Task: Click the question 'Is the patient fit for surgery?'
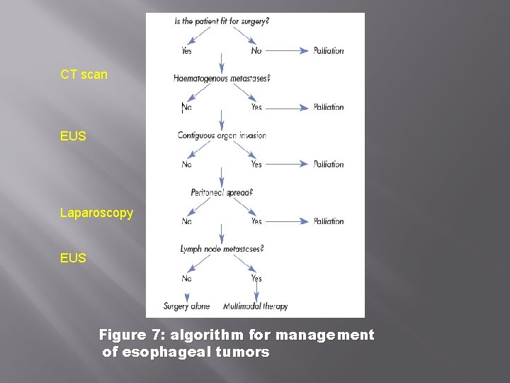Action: [222, 21]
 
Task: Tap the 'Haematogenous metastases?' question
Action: [222, 79]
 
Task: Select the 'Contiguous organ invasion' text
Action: [222, 135]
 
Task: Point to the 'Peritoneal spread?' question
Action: [222, 192]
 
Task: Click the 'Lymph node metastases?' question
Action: [222, 249]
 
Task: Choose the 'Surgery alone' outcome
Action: [186, 306]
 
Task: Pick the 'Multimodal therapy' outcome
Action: [256, 306]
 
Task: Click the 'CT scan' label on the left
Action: [84, 74]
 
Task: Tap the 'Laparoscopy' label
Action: [96, 213]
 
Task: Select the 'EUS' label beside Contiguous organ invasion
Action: [73, 135]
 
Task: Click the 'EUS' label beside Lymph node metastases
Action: [73, 258]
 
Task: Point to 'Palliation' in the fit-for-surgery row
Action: [329, 50]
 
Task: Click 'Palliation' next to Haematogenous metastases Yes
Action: [329, 107]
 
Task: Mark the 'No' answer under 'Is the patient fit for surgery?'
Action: [256, 50]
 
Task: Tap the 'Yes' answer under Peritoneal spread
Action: [256, 221]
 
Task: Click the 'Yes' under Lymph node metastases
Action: [256, 279]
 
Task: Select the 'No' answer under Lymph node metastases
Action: [186, 279]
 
